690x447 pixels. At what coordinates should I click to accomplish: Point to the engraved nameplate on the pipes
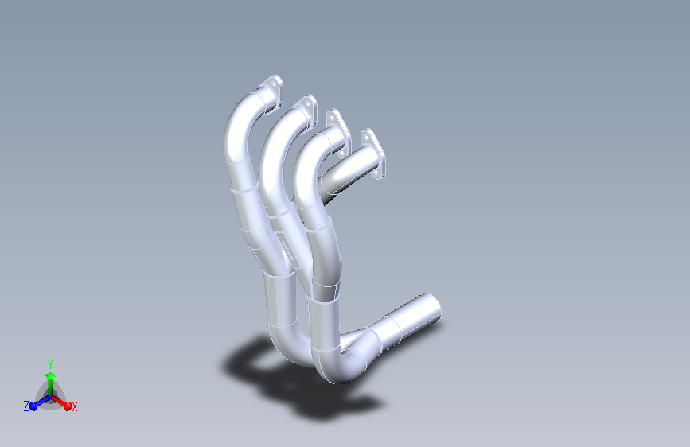[x=289, y=250]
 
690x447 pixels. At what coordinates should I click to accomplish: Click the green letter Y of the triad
[x=50, y=363]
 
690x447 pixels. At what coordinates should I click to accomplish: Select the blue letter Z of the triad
[x=26, y=406]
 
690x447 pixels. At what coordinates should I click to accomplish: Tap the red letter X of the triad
[x=74, y=406]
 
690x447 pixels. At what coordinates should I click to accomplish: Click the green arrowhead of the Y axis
[x=51, y=376]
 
